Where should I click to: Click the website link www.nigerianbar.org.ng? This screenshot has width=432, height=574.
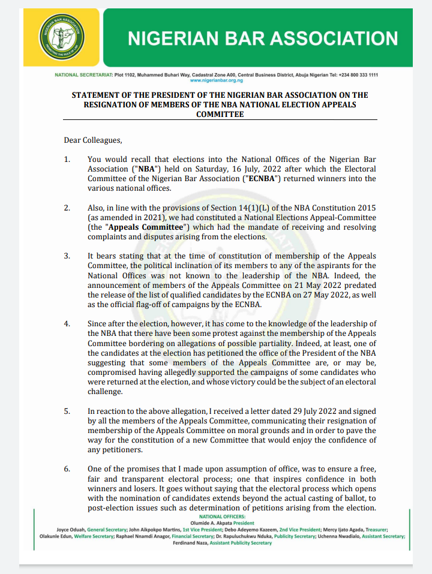[x=216, y=80]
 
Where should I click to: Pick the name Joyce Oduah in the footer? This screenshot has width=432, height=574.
[x=71, y=530]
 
